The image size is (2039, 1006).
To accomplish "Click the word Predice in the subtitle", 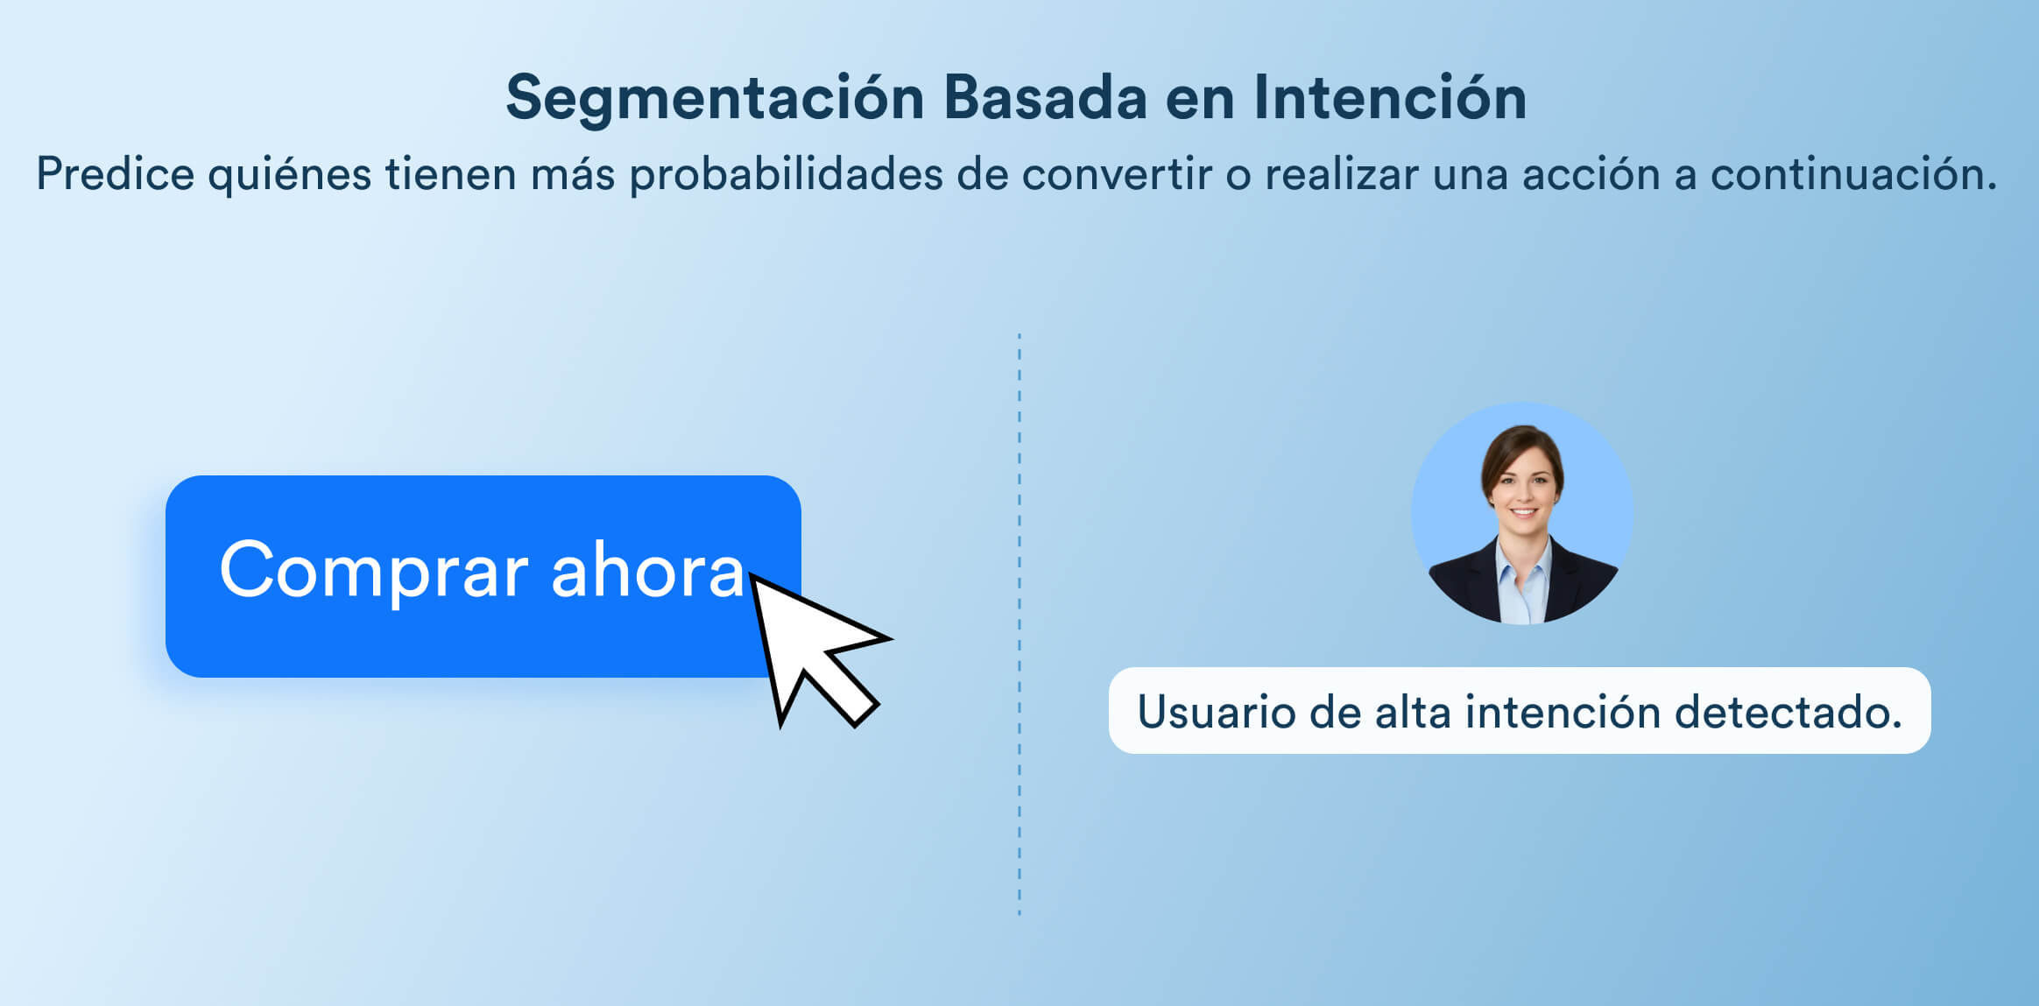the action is click(x=115, y=173).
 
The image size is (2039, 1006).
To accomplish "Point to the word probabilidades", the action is click(x=786, y=174).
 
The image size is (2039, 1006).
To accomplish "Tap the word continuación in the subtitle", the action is click(x=1853, y=173).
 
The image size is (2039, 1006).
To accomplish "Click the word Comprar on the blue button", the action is click(x=374, y=572).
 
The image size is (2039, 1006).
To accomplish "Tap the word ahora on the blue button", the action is click(x=647, y=569).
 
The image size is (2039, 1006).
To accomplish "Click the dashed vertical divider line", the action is click(x=1019, y=624).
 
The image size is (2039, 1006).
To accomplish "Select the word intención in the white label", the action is click(x=1563, y=711).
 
